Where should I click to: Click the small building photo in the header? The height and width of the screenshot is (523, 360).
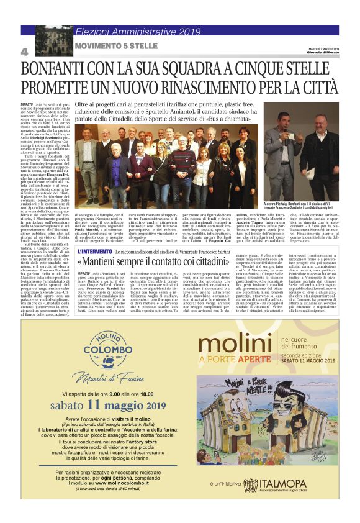click(54, 40)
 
